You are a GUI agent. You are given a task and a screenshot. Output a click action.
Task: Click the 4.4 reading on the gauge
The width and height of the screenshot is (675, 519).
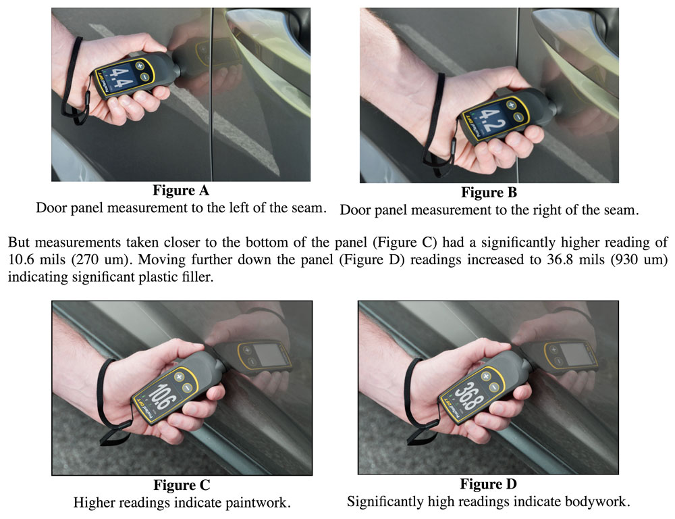click(x=122, y=78)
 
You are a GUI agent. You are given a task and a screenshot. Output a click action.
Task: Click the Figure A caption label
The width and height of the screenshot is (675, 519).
click(x=182, y=191)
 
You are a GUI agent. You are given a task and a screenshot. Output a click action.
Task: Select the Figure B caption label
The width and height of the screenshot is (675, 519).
click(x=489, y=193)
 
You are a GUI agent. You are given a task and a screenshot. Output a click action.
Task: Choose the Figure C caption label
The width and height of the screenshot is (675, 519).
click(x=182, y=485)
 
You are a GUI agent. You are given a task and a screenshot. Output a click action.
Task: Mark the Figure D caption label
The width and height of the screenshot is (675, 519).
click(x=489, y=484)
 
